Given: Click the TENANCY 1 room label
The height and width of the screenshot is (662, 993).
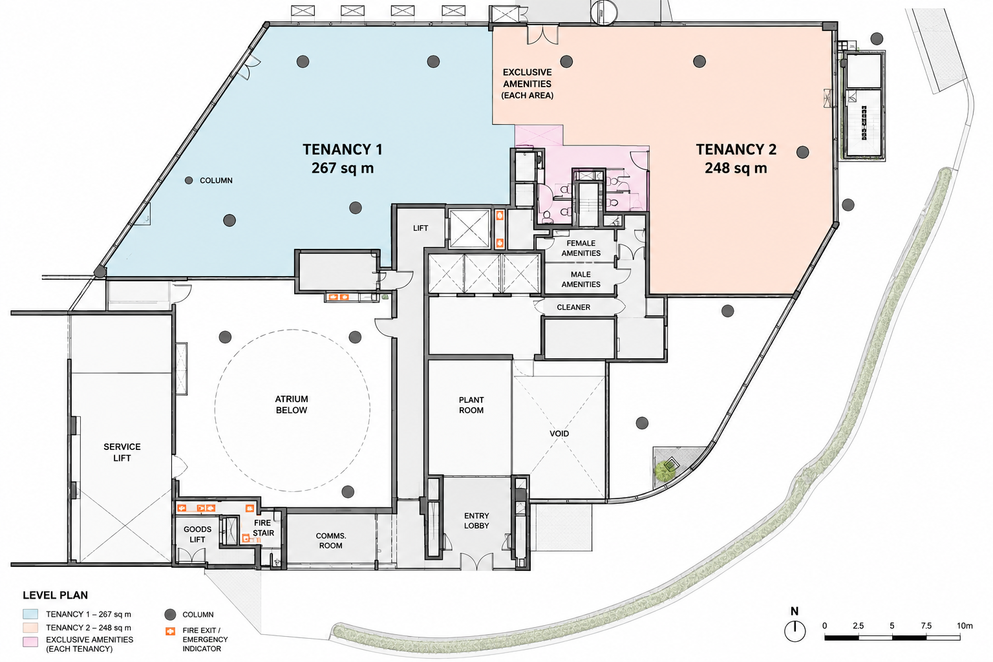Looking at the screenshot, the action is (x=342, y=149).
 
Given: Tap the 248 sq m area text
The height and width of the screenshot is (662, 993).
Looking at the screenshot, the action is (x=736, y=168).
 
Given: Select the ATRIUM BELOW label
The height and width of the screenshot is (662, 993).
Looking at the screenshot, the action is (x=292, y=405).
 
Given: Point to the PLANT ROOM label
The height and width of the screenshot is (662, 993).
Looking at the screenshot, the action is (x=471, y=405).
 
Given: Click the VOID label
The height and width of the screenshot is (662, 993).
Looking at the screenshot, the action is (x=559, y=434).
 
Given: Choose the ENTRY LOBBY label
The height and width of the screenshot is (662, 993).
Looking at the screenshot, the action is (x=476, y=520).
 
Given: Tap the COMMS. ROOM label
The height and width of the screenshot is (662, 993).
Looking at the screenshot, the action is (x=331, y=540).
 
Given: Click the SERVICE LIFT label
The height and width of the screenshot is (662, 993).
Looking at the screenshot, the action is (x=122, y=453).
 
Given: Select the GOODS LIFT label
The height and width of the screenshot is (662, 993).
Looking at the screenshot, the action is (x=197, y=534).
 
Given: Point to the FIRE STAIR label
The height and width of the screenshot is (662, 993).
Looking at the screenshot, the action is (x=263, y=528).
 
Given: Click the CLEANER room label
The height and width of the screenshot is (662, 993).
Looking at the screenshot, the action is (x=573, y=307).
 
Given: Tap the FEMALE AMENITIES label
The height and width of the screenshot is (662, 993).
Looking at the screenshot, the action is (x=581, y=248).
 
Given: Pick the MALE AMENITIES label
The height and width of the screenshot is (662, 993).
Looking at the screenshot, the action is (x=581, y=279).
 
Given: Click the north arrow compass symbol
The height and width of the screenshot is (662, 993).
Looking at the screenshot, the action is (x=795, y=630).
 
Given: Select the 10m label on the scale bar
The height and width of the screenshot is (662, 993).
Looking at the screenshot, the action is (x=965, y=626).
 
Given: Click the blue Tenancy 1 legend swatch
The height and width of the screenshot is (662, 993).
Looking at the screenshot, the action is (x=30, y=614).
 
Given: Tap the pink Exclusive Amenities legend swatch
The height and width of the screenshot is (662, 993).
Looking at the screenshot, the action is (x=30, y=642).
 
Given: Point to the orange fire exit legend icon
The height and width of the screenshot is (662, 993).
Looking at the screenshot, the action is (x=170, y=631).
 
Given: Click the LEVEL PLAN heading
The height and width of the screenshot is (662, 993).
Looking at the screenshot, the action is (x=56, y=595).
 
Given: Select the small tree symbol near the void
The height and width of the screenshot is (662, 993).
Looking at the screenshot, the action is (x=665, y=471).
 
